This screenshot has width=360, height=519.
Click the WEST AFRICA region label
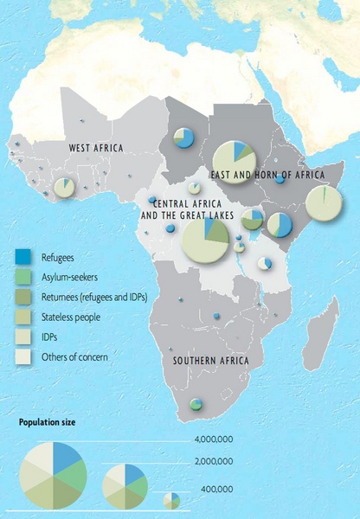95,149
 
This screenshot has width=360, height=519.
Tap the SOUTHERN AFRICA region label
210,361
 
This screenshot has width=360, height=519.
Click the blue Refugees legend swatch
23,256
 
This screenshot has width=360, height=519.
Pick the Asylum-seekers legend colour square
23,277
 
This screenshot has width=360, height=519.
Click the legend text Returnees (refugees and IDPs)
94,297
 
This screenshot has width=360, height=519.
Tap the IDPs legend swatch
23,337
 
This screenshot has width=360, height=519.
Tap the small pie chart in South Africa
196,404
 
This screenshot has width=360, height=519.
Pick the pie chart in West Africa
64,187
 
